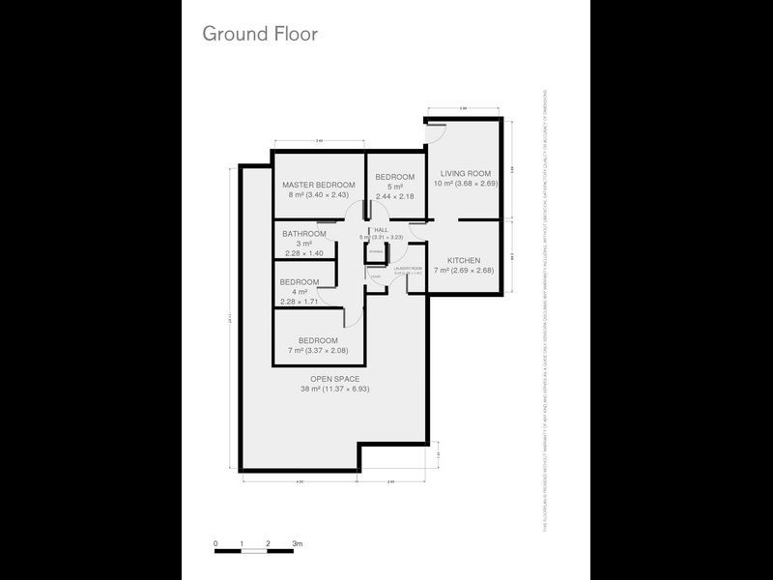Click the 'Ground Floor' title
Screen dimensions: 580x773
click(x=259, y=34)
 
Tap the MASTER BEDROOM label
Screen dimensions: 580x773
click(x=318, y=185)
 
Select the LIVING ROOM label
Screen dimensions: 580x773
click(x=465, y=173)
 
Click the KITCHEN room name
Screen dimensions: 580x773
click(x=465, y=260)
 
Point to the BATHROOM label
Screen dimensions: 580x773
click(x=304, y=234)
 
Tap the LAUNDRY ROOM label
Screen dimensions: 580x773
click(x=408, y=268)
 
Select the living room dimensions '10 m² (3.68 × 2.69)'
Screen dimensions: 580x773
click(x=465, y=183)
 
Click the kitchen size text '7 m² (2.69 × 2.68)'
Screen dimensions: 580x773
click(x=465, y=270)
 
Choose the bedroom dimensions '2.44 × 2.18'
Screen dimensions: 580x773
click(x=395, y=196)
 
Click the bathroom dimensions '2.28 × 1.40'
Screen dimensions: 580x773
click(x=302, y=254)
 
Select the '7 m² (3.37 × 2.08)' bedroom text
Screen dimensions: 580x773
click(x=318, y=350)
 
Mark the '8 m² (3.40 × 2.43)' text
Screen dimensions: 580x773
click(x=318, y=194)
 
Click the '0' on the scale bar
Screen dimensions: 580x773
click(x=215, y=544)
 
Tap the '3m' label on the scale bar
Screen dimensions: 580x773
click(x=298, y=544)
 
